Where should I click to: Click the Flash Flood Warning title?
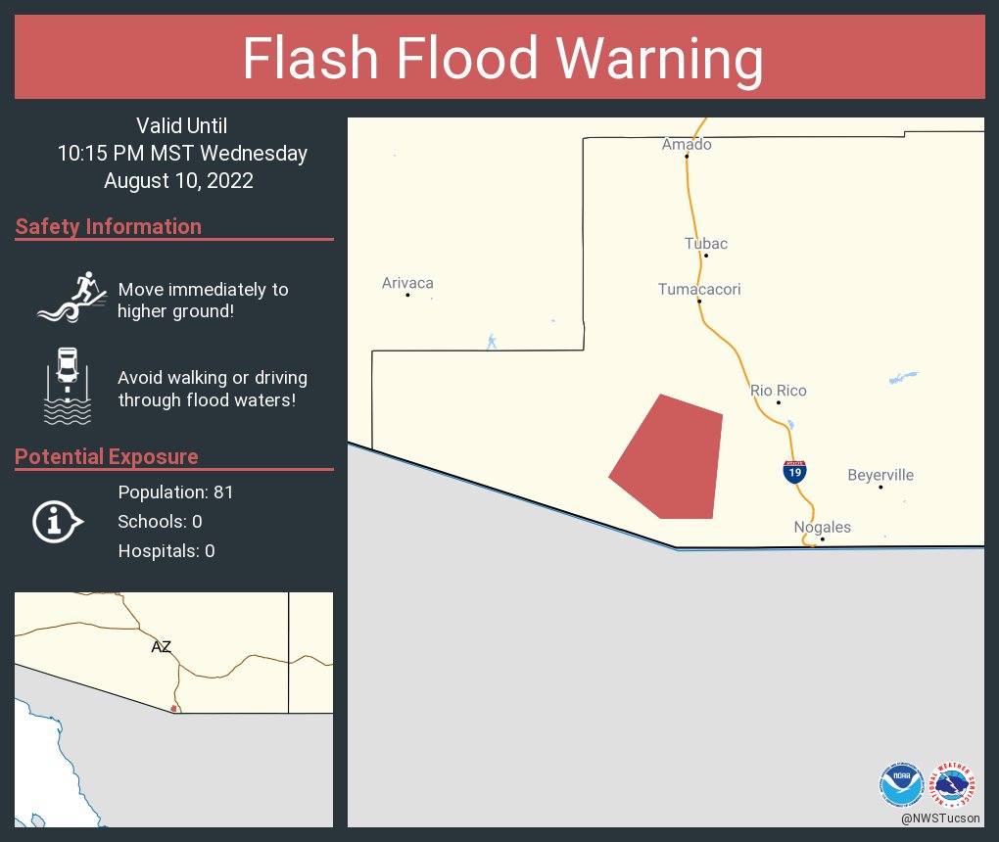[x=502, y=59]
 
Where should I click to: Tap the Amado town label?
[x=687, y=144]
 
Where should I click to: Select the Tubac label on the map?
[x=706, y=243]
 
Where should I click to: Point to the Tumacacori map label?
[x=699, y=289]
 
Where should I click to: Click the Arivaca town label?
[x=407, y=283]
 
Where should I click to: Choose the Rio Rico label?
[x=779, y=390]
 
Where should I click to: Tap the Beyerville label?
[x=880, y=475]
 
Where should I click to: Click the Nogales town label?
[x=822, y=527]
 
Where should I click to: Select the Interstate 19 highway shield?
[x=795, y=472]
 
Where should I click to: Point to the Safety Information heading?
[x=109, y=226]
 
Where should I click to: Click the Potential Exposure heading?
[x=107, y=456]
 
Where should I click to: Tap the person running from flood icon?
[x=71, y=296]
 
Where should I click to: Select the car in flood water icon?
[x=68, y=386]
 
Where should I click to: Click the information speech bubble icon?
[x=57, y=522]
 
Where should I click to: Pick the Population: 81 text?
[x=175, y=491]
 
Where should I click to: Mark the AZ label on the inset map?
[x=162, y=646]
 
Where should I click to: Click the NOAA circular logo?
[x=902, y=783]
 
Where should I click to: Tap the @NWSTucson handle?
[x=940, y=818]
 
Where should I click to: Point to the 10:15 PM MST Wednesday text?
[x=182, y=153]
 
